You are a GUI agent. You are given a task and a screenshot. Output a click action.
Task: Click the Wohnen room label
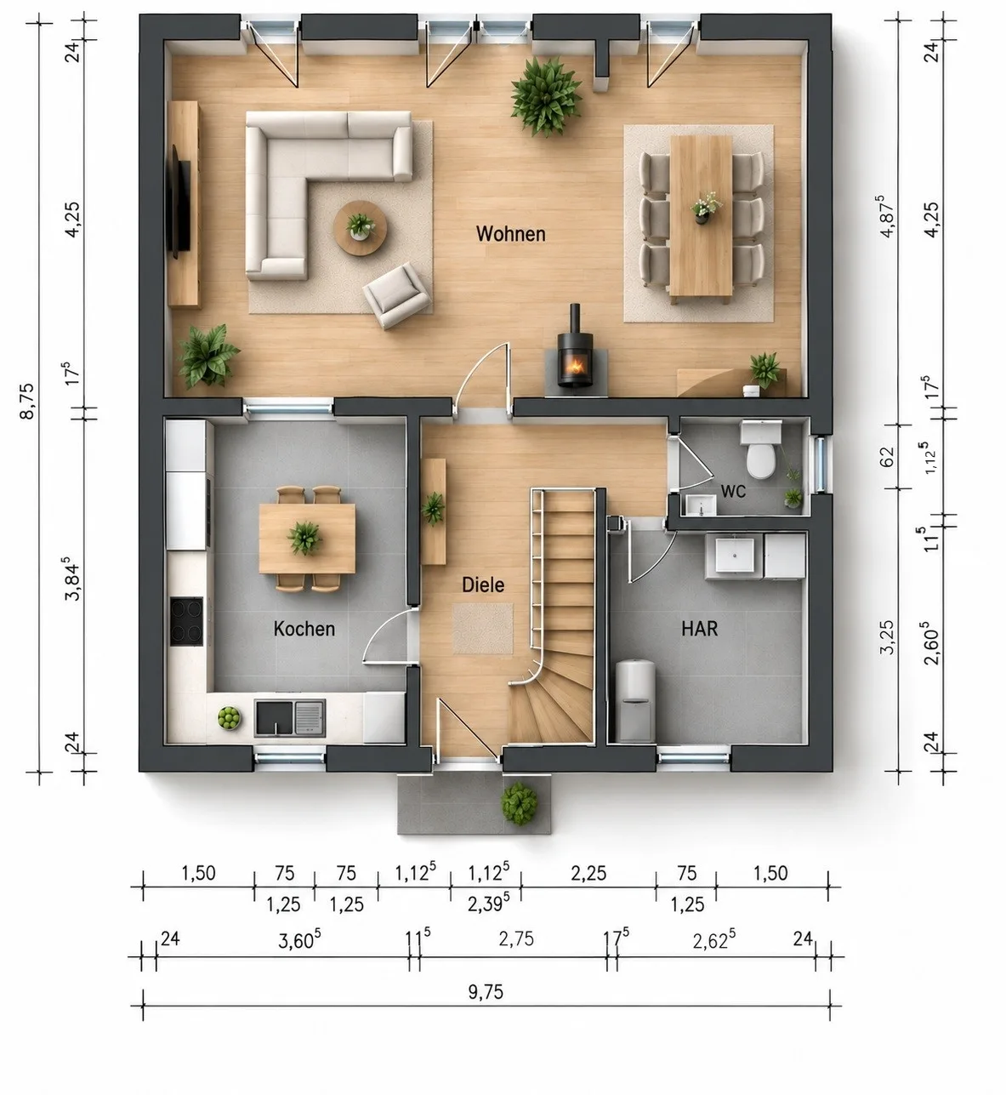pyautogui.click(x=510, y=234)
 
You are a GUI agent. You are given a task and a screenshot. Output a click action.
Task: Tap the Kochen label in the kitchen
pyautogui.click(x=304, y=629)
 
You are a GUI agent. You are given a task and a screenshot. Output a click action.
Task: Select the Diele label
pyautogui.click(x=482, y=585)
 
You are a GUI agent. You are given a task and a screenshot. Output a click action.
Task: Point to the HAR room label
pyautogui.click(x=699, y=629)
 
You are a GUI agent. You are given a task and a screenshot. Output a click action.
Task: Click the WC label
pyautogui.click(x=733, y=491)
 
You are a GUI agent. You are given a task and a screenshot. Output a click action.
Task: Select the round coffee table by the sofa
pyautogui.click(x=361, y=227)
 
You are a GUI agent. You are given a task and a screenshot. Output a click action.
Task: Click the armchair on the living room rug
pyautogui.click(x=396, y=294)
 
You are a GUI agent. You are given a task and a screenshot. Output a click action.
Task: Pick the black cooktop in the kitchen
pyautogui.click(x=186, y=621)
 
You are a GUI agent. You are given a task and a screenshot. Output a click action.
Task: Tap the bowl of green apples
pyautogui.click(x=230, y=717)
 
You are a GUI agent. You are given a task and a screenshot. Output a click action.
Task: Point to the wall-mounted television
pyautogui.click(x=180, y=202)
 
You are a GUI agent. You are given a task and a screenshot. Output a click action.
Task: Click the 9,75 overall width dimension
pyautogui.click(x=486, y=992)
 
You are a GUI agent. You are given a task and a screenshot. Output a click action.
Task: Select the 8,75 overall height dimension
pyautogui.click(x=27, y=402)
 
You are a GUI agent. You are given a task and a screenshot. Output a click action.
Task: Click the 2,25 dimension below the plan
pyautogui.click(x=588, y=874)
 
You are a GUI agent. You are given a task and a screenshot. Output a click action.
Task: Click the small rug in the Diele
pyautogui.click(x=482, y=628)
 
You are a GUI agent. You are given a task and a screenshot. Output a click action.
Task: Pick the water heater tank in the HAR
pyautogui.click(x=635, y=701)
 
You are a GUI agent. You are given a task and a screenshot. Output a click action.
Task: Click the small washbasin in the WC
pyautogui.click(x=701, y=505)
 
